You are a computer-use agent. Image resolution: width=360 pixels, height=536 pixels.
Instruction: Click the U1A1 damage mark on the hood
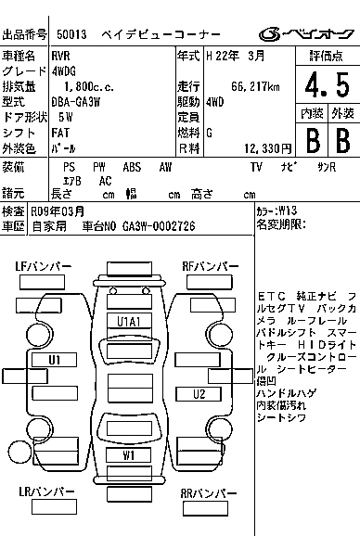pos(128,321)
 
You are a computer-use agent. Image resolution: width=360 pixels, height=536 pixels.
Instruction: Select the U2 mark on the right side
pos(199,393)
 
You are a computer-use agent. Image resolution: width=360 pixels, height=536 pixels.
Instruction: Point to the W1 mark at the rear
pos(129,454)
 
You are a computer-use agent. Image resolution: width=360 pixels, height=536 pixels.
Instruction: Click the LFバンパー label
pos(44,267)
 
